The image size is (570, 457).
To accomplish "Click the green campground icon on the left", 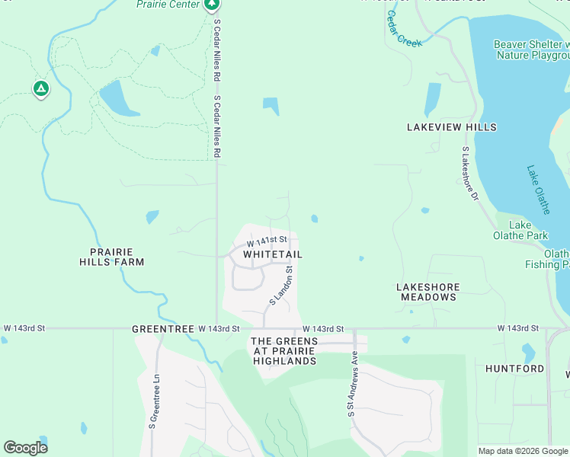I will (41, 90).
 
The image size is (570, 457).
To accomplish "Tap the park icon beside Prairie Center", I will (212, 5).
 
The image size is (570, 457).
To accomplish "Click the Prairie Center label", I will (168, 5).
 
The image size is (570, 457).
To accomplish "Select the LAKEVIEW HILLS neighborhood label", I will (451, 127).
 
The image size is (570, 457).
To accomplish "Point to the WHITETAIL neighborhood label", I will (273, 254).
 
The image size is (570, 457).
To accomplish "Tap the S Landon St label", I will (281, 286).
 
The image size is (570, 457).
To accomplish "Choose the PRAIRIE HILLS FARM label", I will (112, 257).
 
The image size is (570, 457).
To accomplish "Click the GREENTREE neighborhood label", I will (159, 329).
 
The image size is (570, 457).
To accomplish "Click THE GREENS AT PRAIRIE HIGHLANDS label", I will (283, 350).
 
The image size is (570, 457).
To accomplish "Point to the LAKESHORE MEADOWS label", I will (427, 292).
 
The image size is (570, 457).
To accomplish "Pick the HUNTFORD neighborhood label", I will (514, 369).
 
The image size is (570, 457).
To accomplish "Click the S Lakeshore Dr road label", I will (469, 174).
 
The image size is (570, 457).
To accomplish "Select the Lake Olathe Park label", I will (525, 230).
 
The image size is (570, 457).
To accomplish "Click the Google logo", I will (25, 447).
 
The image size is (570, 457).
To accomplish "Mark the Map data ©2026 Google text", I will (522, 451).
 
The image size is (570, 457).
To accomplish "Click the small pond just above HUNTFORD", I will (528, 352).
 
